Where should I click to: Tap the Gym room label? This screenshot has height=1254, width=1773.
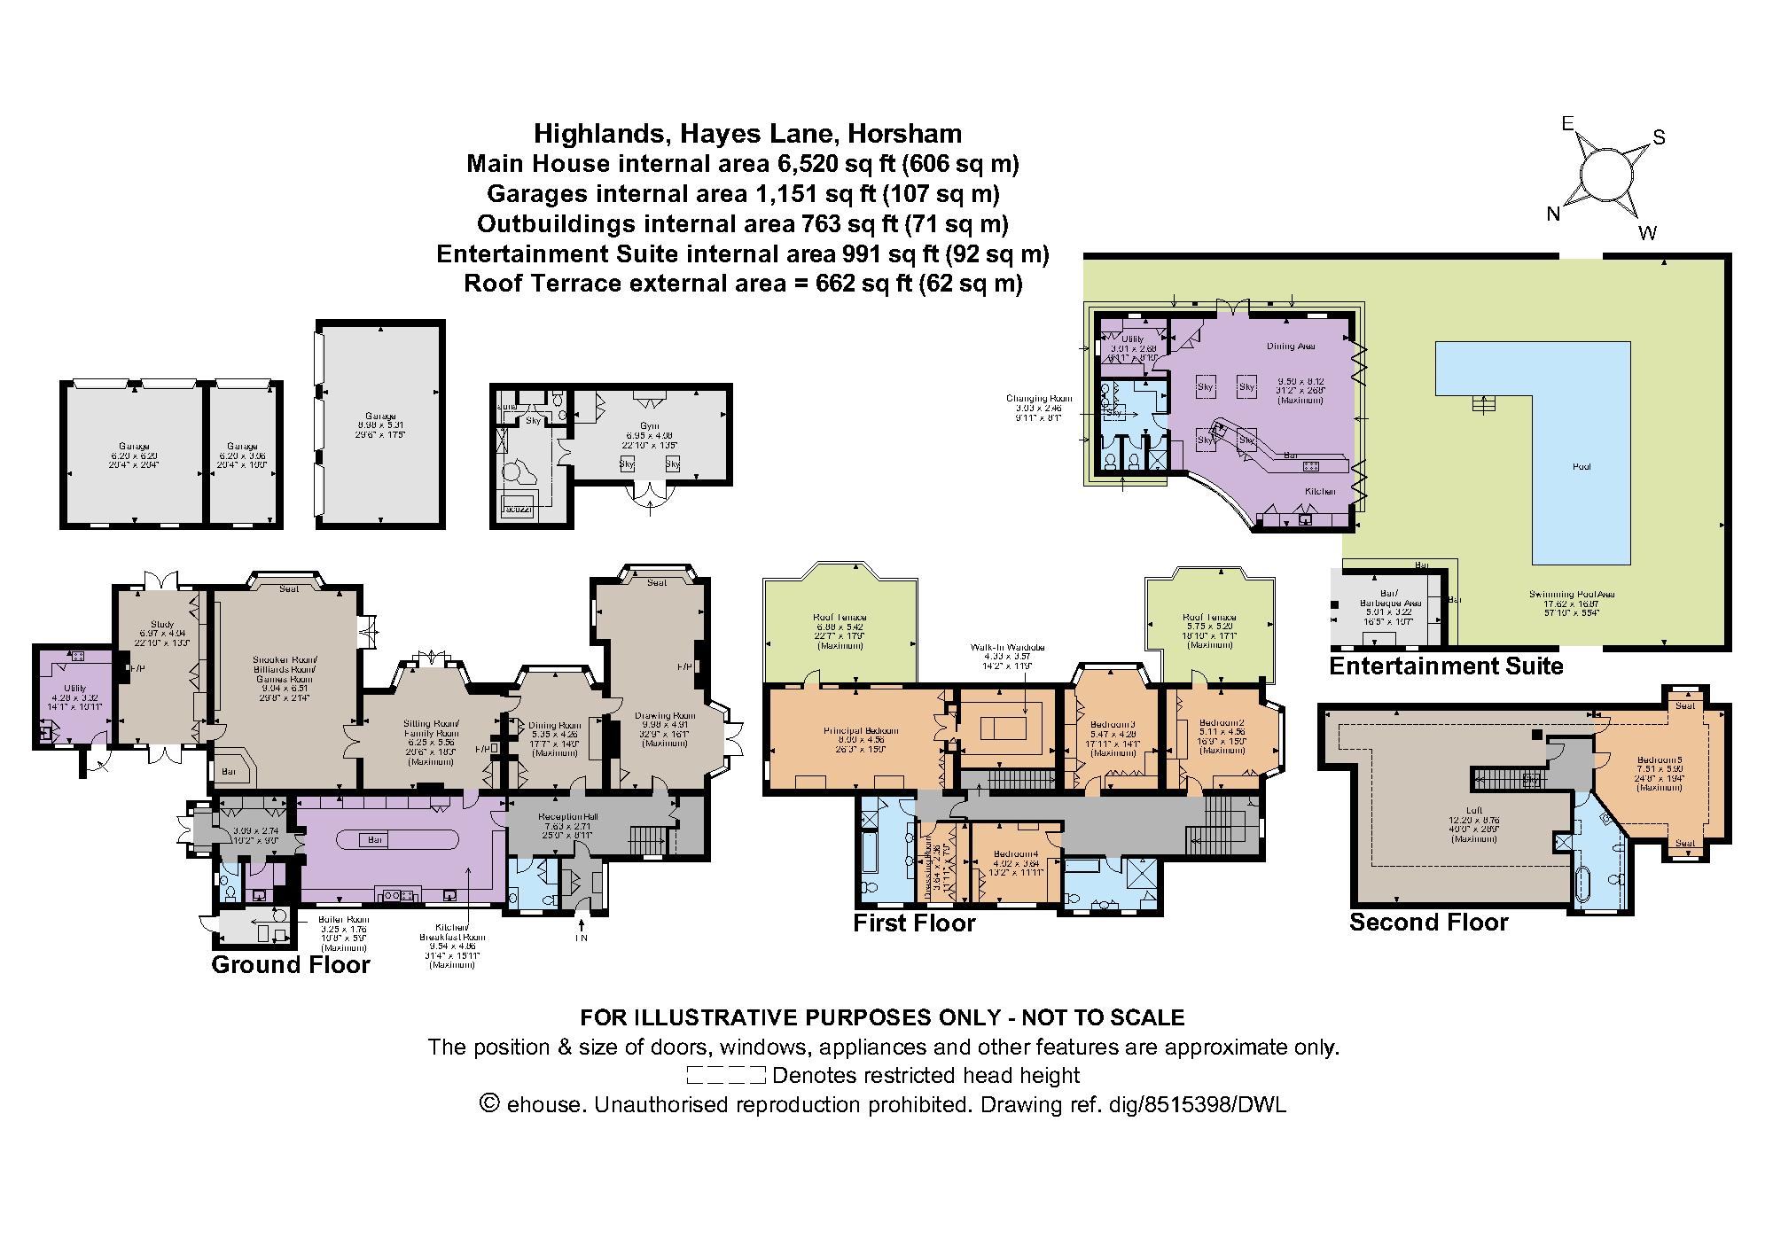[650, 426]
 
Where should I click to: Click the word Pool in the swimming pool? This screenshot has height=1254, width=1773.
[1581, 466]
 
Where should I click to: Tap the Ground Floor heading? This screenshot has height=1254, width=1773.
[290, 964]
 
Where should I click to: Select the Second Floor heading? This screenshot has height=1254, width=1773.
[1428, 923]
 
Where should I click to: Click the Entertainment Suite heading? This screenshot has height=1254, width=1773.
[1446, 666]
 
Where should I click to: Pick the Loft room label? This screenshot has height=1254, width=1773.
[1473, 810]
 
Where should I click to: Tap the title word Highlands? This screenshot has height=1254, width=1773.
[597, 134]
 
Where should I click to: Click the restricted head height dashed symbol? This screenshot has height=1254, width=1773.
[725, 1076]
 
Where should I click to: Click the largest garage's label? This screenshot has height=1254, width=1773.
[380, 417]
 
